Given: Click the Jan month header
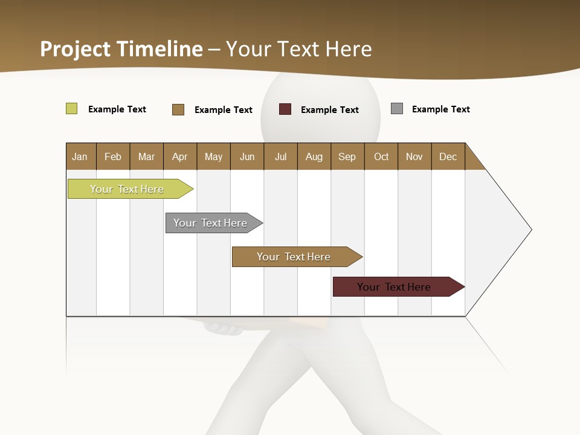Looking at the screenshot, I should pyautogui.click(x=80, y=156).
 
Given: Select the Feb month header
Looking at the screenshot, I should pyautogui.click(x=113, y=156).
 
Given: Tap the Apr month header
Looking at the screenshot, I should pyautogui.click(x=179, y=156).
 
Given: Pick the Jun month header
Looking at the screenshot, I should pyautogui.click(x=247, y=156).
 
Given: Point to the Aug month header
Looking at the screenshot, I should pyautogui.click(x=314, y=156).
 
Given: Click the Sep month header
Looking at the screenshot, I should pyautogui.click(x=347, y=156).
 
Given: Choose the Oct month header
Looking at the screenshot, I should pyautogui.click(x=381, y=156).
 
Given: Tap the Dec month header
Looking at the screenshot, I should pyautogui.click(x=448, y=156).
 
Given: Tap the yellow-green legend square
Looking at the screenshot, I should pyautogui.click(x=72, y=109).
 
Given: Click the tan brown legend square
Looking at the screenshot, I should pyautogui.click(x=178, y=109).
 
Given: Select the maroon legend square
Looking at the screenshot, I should pyautogui.click(x=285, y=109).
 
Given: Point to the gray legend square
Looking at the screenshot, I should pyautogui.click(x=397, y=109).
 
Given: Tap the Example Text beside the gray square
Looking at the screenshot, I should pyautogui.click(x=440, y=109).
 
